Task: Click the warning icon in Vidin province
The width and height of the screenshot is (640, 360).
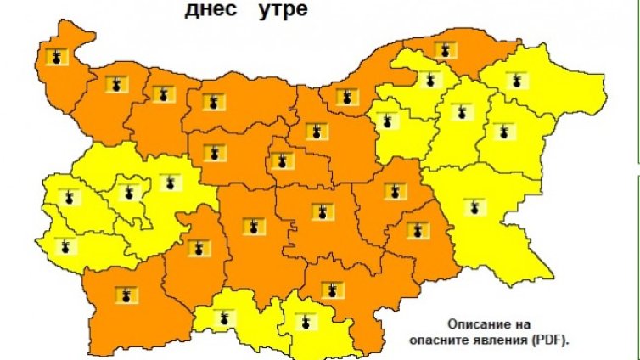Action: click(57, 57)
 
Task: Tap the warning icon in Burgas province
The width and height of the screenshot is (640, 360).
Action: click(473, 205)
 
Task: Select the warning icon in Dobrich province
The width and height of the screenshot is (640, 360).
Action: click(514, 82)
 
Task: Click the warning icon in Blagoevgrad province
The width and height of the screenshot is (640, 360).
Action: click(125, 295)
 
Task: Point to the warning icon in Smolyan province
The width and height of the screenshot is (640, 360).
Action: click(224, 318)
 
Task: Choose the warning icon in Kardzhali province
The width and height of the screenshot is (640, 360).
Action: click(301, 321)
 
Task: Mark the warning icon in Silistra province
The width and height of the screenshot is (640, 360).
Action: click(440, 51)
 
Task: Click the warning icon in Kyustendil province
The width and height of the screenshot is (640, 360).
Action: click(65, 247)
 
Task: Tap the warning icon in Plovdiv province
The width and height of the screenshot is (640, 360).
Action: click(252, 226)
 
